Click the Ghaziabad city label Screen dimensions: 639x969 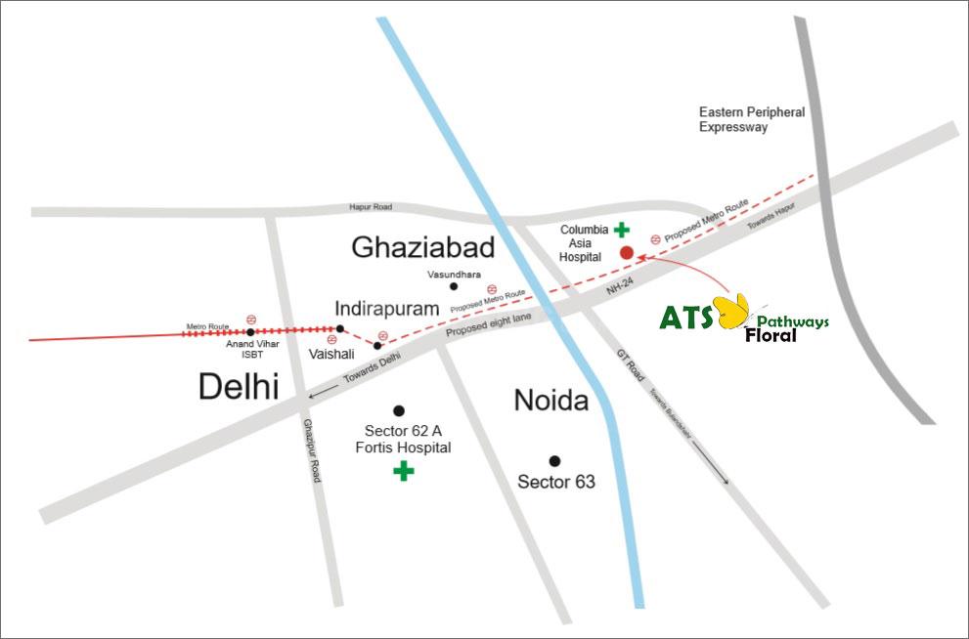pos(422,247)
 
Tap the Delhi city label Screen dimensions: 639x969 pos(239,386)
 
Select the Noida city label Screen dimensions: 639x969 pos(551,401)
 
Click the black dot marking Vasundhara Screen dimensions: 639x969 pos(453,286)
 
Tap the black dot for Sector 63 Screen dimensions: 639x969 pos(554,460)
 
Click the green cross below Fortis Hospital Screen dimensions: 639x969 pos(403,472)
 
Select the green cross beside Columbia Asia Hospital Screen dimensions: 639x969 pos(621,231)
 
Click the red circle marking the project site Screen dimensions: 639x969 pos(627,253)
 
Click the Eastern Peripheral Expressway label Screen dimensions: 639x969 pos(752,119)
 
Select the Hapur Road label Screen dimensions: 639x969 pos(371,207)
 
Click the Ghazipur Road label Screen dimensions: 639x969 pos(312,448)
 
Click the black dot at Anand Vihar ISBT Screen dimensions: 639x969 pos(250,331)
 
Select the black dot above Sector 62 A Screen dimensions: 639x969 pos(398,409)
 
